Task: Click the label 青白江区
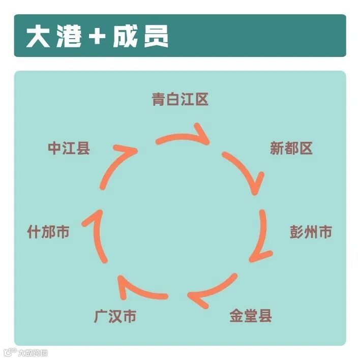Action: coord(180,99)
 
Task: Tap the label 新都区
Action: coord(291,148)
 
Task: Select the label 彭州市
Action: coord(311,232)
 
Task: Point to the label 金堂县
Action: coord(251,315)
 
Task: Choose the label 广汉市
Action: coord(115,316)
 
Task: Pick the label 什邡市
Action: coord(48,232)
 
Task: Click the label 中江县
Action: coord(69,148)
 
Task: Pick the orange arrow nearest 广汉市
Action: coord(140,289)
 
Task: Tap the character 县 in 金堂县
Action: coord(265,315)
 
